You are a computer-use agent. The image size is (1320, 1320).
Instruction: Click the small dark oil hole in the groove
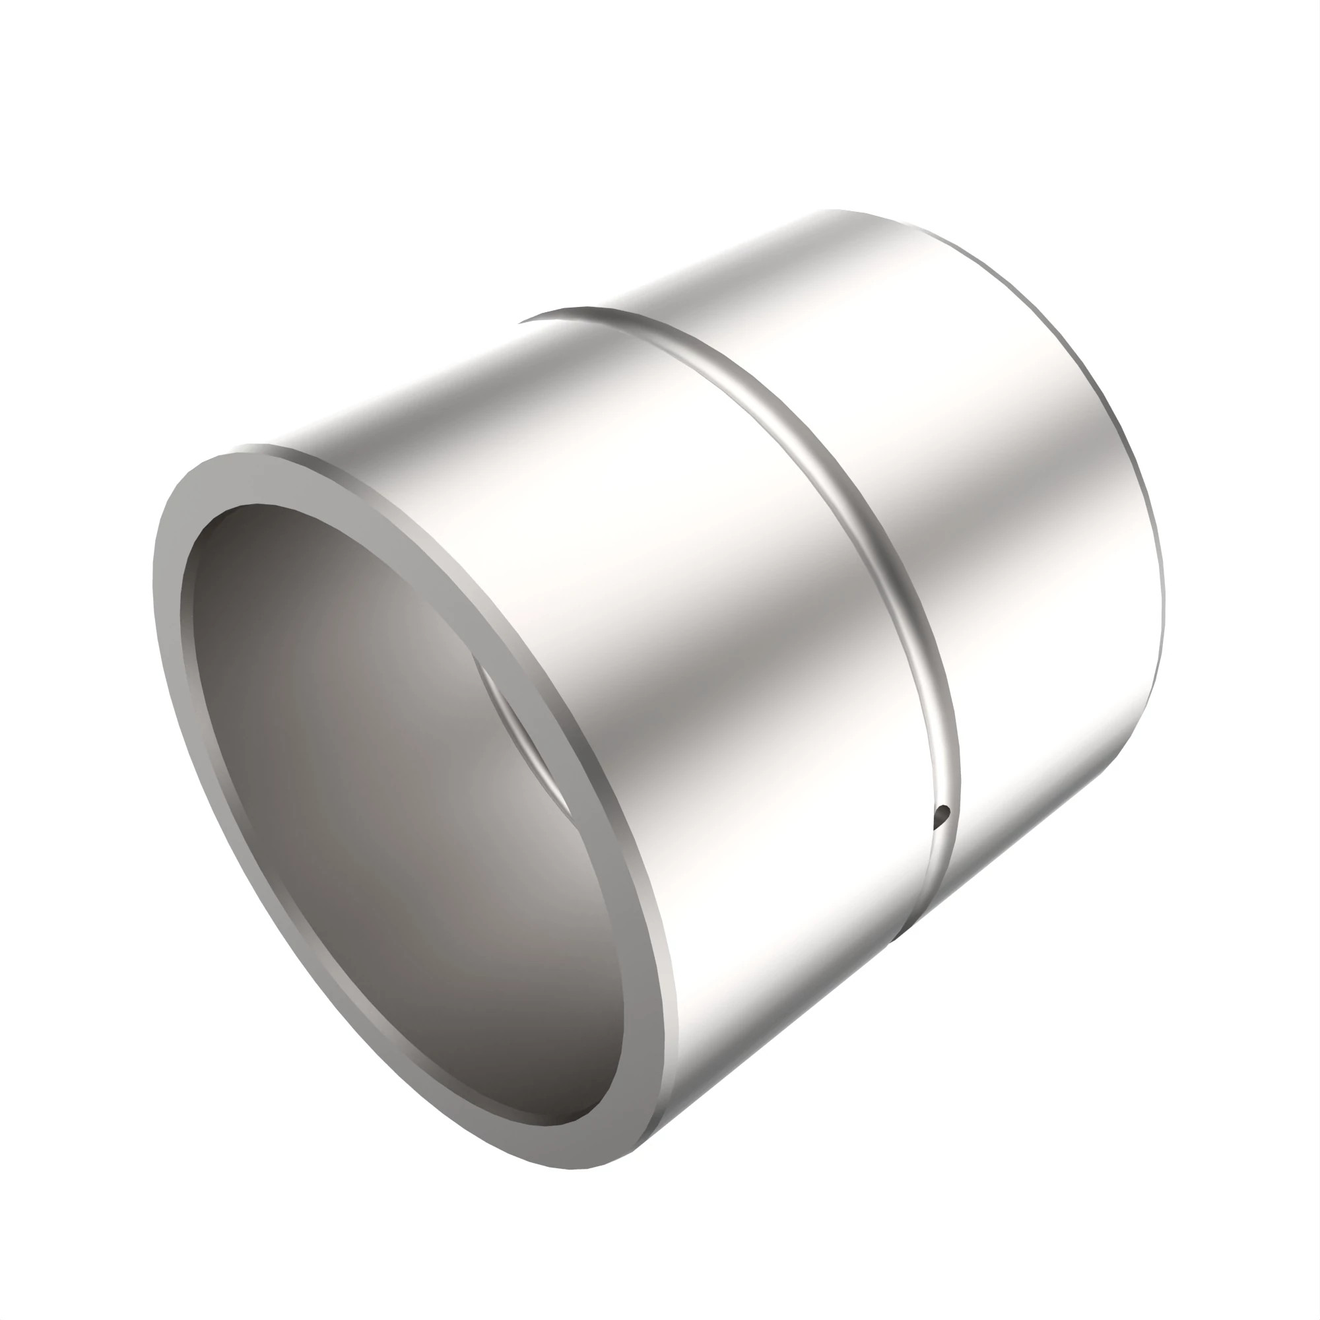pos(944,813)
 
